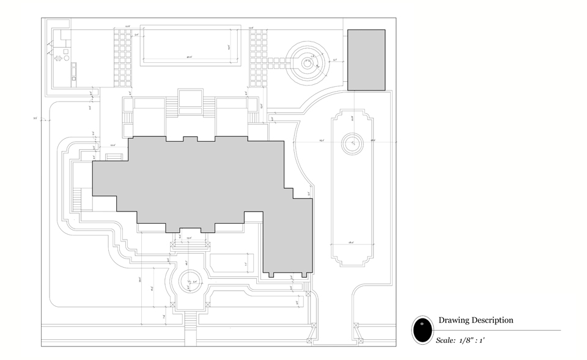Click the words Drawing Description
pyautogui.click(x=476, y=320)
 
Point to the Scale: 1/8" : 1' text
pyautogui.click(x=460, y=340)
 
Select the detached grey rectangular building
pyautogui.click(x=366, y=60)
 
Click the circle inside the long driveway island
pyautogui.click(x=352, y=145)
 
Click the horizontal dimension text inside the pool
pyautogui.click(x=190, y=57)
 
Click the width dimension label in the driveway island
pyautogui.click(x=352, y=243)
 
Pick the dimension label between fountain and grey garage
pyautogui.click(x=335, y=60)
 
